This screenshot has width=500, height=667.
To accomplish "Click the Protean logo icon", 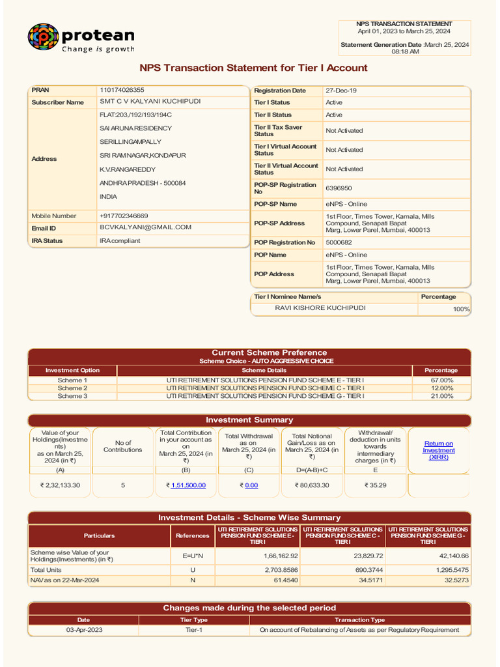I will tap(43, 37).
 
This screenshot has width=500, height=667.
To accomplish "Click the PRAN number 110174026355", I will tap(122, 90).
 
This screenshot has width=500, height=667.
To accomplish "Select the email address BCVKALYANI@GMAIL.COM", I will tap(145, 227).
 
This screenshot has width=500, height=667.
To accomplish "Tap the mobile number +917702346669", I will tap(124, 216).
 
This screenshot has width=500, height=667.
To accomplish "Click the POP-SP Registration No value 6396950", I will tap(339, 188).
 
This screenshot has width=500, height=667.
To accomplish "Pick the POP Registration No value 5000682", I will tap(339, 242).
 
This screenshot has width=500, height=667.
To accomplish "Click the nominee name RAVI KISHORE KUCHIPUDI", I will tap(320, 307).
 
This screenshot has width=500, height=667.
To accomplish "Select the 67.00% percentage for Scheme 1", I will tap(442, 380).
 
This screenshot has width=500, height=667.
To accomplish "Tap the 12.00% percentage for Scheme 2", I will tap(442, 388).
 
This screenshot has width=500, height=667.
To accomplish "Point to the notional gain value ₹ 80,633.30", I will tap(312, 485).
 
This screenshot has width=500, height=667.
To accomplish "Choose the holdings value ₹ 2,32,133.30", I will tap(60, 485).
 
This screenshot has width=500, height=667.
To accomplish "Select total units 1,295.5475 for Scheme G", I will tap(450, 569).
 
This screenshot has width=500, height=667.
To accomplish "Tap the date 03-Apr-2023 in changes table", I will tap(84, 630).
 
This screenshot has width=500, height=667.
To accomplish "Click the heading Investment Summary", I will tap(249, 420).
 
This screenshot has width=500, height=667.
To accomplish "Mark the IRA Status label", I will tap(47, 240).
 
